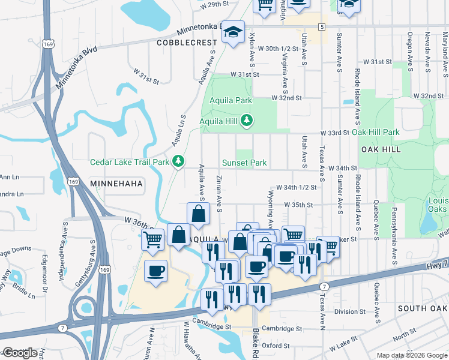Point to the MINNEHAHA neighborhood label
tap(116, 183)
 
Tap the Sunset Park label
tap(244, 163)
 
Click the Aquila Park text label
tap(231, 101)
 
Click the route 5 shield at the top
tap(322, 27)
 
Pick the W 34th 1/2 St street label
tap(296, 187)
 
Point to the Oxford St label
tap(276, 346)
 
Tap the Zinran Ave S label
tap(219, 194)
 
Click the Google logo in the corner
tap(20, 353)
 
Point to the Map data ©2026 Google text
tap(412, 355)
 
